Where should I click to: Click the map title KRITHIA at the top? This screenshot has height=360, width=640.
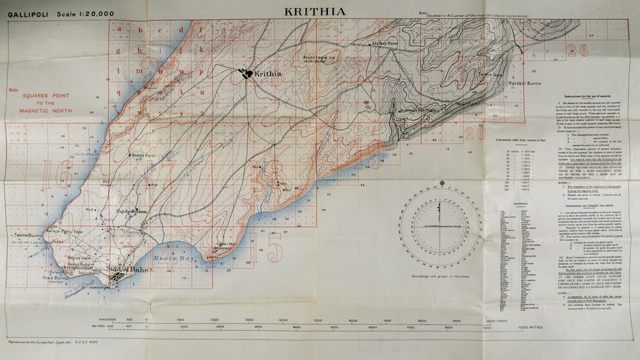[316, 11]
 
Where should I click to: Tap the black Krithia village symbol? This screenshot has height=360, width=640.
[246, 73]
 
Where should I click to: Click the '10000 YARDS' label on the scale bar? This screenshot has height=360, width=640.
[495, 321]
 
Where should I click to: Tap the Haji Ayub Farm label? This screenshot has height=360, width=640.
[132, 211]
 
